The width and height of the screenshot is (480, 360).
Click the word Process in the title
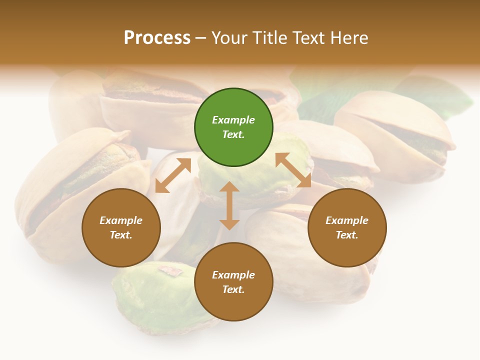157,38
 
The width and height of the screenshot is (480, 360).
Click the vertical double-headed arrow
229,205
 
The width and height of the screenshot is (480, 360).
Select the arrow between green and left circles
173,174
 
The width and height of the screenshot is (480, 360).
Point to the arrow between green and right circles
293,170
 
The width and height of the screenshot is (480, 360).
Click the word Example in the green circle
233,120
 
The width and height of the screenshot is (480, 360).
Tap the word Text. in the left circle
121,235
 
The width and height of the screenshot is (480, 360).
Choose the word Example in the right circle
347,220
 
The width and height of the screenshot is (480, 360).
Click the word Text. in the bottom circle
233,289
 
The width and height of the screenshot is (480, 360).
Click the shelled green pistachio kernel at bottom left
150,295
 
